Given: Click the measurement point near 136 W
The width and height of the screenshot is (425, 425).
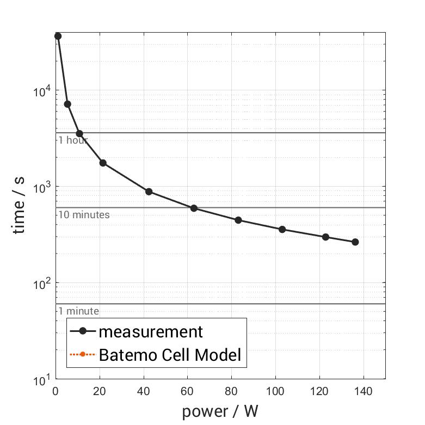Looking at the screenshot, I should point(355,242).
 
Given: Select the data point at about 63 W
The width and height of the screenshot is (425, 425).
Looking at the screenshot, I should point(194,208).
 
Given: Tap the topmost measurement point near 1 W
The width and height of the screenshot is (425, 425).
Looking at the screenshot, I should point(58,36).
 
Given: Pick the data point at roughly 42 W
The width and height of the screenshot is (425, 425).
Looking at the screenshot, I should point(149,192).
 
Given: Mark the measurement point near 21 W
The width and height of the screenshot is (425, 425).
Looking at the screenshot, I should point(103,163).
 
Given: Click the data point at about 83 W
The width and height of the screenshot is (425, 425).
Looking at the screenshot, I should point(238,220).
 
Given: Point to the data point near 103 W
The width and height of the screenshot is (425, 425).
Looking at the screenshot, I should point(282,229).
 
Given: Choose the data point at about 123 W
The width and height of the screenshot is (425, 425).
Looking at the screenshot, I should point(325,237).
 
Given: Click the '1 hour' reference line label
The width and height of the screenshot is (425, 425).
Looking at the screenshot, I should point(73,140).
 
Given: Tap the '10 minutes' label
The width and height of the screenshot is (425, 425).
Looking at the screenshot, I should point(84,214).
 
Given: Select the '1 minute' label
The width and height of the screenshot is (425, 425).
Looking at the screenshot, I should point(78,311).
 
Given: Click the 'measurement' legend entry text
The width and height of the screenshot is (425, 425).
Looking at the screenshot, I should point(151,331).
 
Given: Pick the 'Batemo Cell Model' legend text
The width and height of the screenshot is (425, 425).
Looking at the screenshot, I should point(170,355).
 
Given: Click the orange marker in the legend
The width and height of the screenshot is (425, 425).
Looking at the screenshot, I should point(82,355).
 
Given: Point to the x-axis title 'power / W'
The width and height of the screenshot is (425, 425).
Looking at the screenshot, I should point(220,411).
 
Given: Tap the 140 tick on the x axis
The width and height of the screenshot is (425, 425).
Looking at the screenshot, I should point(363,391).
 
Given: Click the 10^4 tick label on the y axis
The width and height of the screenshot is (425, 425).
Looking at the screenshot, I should point(40,91).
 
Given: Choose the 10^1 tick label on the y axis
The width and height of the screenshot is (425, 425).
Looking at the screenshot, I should point(40,379).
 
